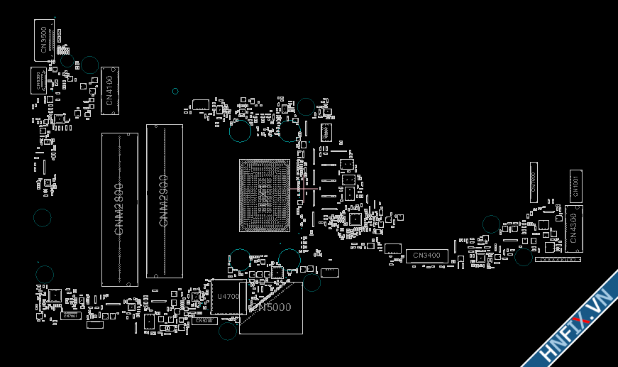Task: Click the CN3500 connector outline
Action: pos(44,40)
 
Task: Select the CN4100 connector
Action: pos(110,90)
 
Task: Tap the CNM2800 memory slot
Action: pos(119,209)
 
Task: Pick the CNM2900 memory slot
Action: pos(165,201)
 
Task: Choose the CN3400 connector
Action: pos(426,255)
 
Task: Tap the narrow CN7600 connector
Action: pos(534,182)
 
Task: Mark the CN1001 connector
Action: pos(575,187)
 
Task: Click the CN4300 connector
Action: pos(574,229)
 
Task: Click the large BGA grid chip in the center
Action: pos(265,195)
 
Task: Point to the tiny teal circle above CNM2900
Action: pos(175,91)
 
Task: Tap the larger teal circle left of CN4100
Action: pos(89,65)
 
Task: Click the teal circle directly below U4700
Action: pos(228,331)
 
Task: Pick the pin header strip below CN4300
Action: pos(558,260)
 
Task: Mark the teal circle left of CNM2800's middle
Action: pos(43,217)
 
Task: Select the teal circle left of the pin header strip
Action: pos(524,257)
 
